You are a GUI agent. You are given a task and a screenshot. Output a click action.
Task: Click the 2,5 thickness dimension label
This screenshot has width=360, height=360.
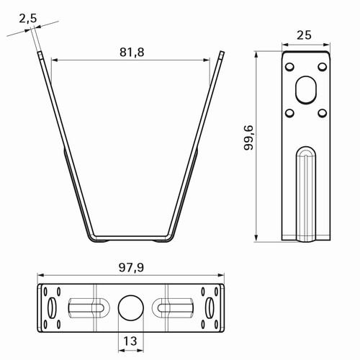click(x=28, y=19)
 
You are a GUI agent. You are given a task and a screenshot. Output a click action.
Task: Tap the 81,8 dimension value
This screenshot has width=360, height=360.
click(x=132, y=52)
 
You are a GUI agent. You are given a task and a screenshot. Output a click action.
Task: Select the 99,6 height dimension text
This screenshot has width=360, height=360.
click(x=248, y=138)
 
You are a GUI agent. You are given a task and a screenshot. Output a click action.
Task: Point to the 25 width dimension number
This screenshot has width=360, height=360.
click(x=304, y=35)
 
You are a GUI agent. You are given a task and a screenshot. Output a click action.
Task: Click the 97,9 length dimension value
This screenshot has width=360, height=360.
click(x=132, y=267)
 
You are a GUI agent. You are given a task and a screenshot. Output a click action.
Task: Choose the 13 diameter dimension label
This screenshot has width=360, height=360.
click(x=130, y=341)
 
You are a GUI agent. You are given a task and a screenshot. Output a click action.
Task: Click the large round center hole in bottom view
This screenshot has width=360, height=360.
click(x=131, y=308)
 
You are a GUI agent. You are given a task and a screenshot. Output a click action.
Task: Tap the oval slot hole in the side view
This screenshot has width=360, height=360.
click(x=306, y=90)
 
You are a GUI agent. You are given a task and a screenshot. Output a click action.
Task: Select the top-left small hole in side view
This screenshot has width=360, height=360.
click(x=289, y=67)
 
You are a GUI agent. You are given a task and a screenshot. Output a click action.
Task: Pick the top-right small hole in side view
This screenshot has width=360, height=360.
click(x=323, y=67)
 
